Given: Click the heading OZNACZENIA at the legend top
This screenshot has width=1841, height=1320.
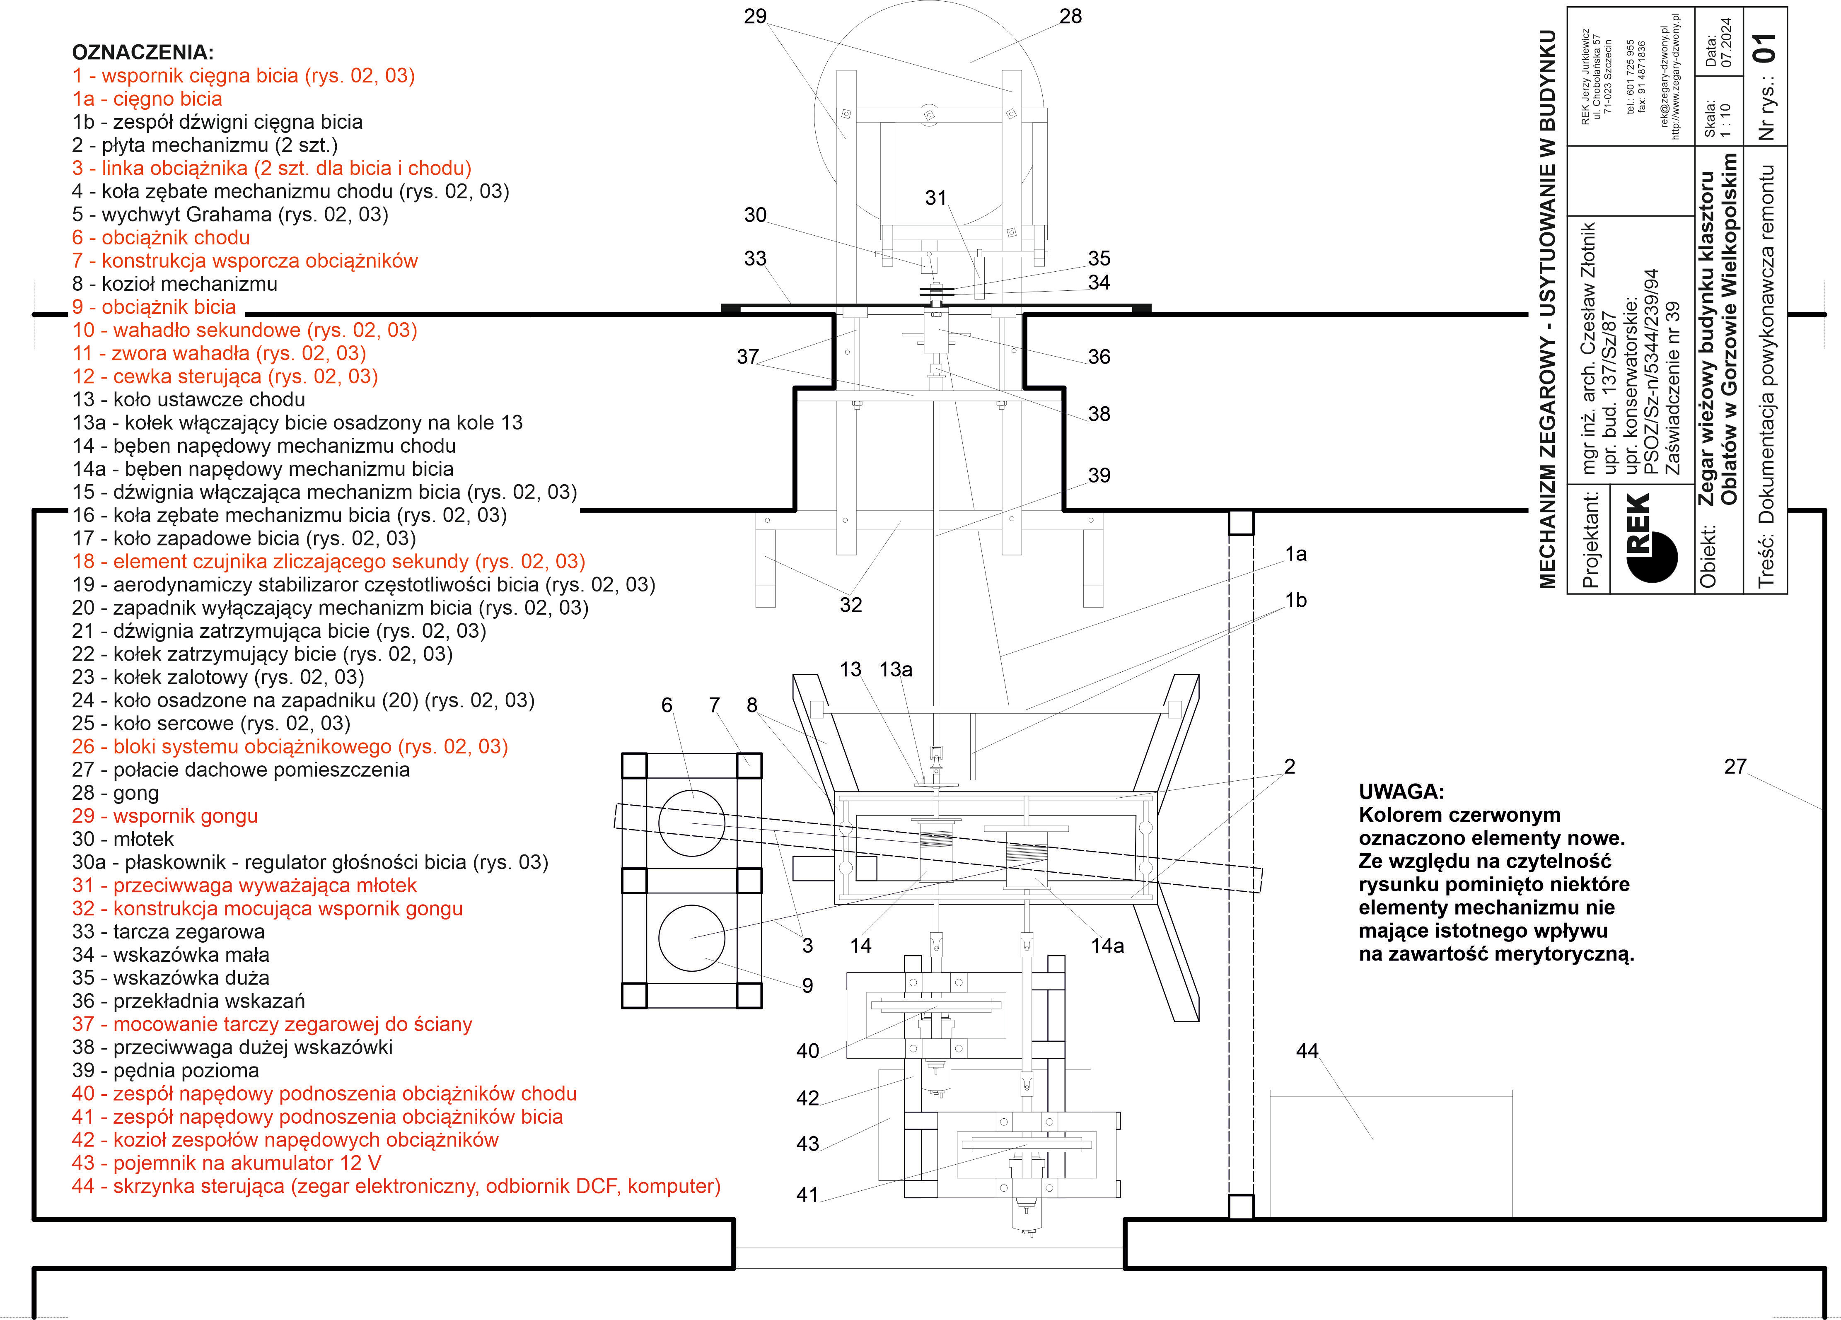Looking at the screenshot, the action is click(x=143, y=53).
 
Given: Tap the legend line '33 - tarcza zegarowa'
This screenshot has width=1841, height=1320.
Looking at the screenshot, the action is click(x=168, y=932).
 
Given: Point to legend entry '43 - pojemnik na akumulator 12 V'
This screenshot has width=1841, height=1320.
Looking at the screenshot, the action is click(x=227, y=1163).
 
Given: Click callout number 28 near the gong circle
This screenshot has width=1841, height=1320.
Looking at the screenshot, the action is click(x=1070, y=16).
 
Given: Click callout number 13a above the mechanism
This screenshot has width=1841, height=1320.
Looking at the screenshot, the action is click(x=896, y=670).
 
